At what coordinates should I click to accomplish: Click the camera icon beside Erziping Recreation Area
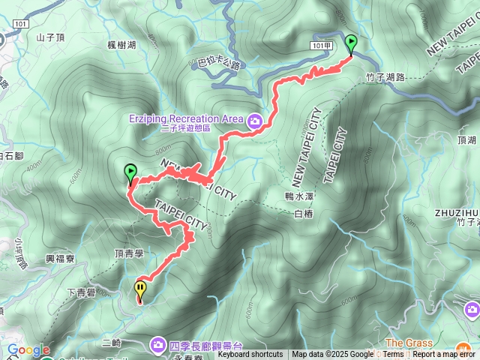[255, 119]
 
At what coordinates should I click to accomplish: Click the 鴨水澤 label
[298, 196]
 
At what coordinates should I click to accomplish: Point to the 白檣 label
[303, 214]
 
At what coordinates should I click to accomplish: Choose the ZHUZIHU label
[457, 212]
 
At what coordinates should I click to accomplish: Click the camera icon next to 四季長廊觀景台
[158, 344]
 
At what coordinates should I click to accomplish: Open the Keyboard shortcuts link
[250, 355]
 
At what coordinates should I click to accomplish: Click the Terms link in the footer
[393, 355]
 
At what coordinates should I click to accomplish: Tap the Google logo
[28, 349]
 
